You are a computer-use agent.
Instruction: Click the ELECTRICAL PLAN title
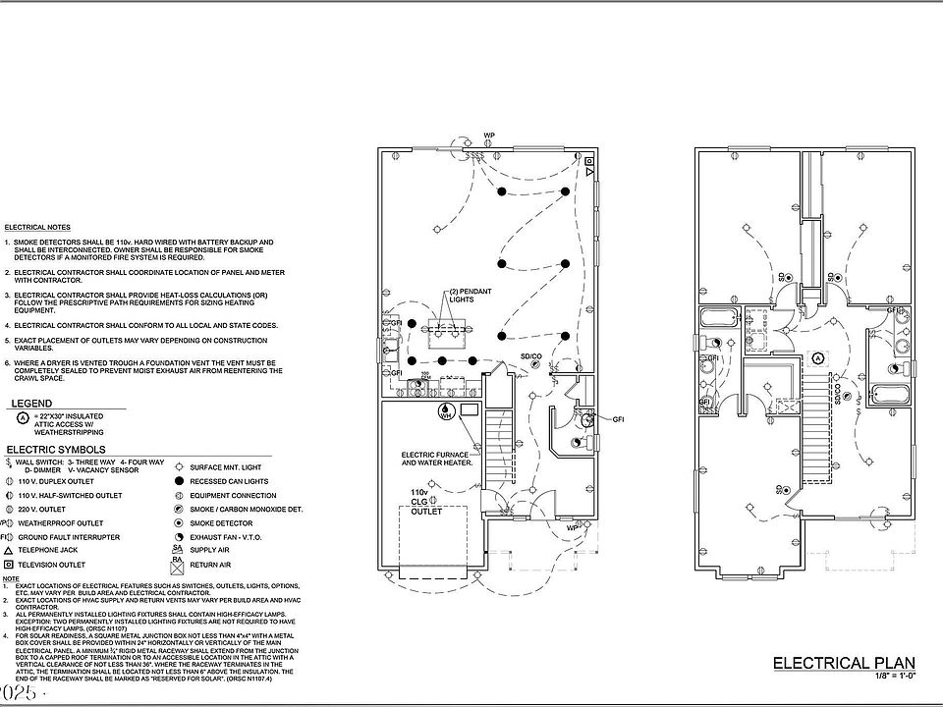846,663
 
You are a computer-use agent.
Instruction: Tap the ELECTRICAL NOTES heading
37,227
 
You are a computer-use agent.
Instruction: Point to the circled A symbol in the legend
21,416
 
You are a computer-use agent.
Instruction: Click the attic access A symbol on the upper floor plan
817,357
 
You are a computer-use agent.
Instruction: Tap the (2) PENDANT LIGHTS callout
469,297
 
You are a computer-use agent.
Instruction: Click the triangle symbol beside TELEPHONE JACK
8,552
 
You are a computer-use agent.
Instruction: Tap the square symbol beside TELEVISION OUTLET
8,566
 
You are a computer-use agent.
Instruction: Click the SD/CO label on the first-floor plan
531,354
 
